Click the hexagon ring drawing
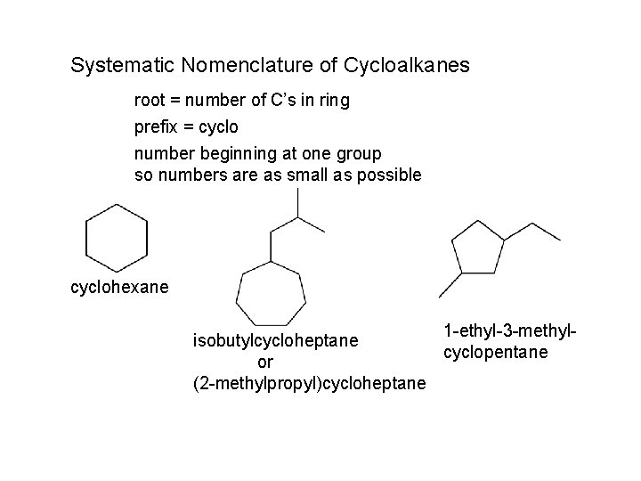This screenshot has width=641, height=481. (x=115, y=239)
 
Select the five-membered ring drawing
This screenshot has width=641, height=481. (x=479, y=248)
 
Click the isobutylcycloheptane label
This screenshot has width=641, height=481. (x=276, y=340)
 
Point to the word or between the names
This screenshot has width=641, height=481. (x=265, y=362)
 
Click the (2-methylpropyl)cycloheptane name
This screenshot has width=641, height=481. (x=309, y=384)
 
